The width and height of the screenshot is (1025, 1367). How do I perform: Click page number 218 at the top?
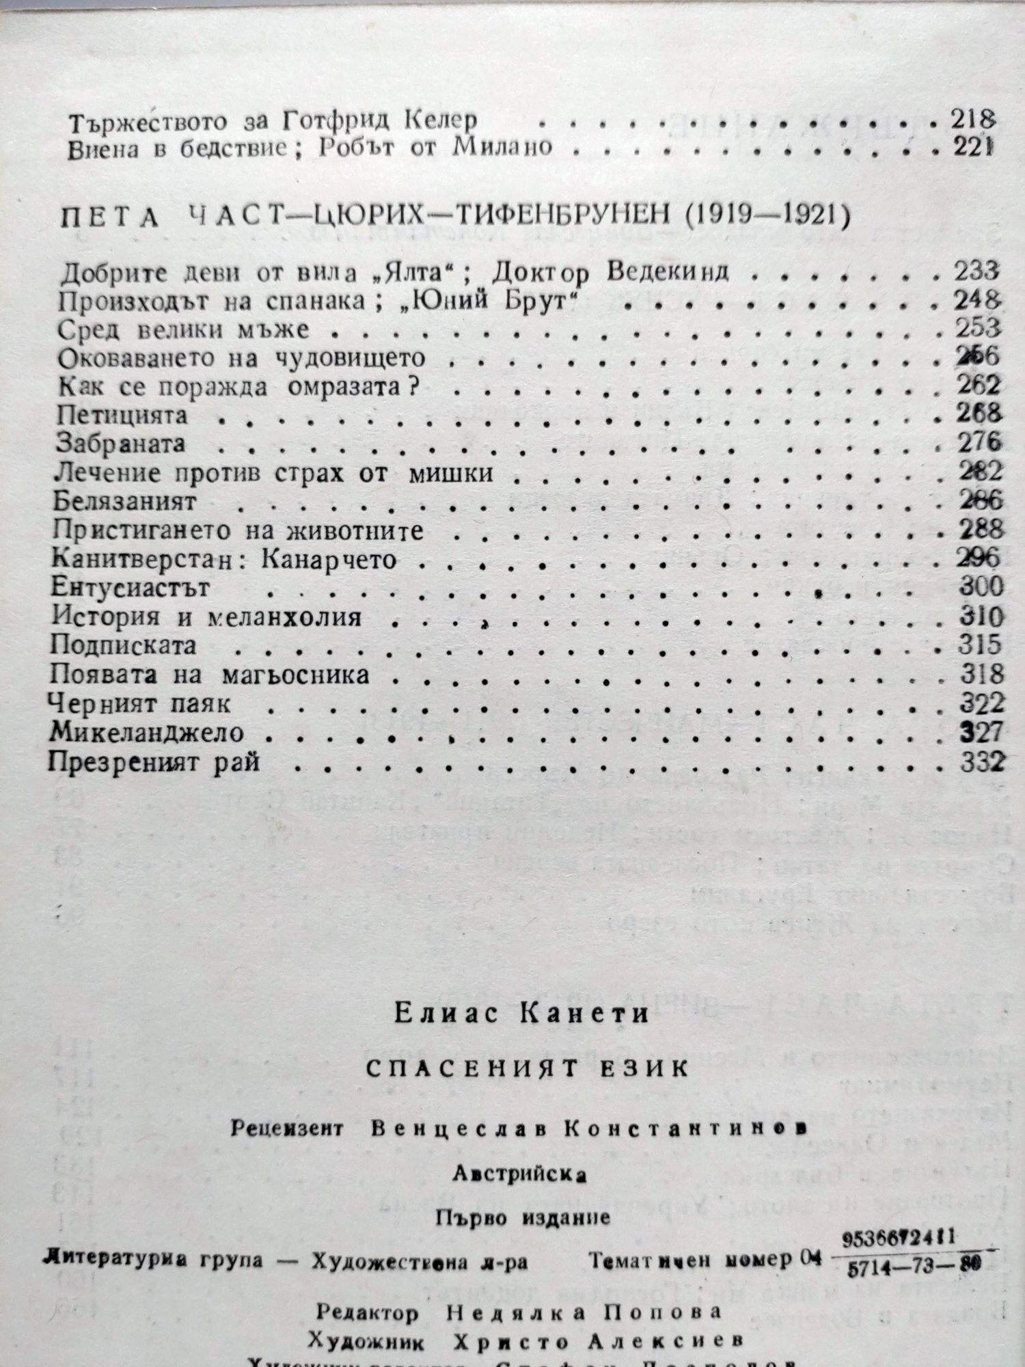[x=971, y=120]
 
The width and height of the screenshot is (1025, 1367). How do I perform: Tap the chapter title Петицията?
[x=122, y=416]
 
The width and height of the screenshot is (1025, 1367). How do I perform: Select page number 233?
[x=976, y=271]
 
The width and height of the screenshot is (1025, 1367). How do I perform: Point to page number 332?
[x=982, y=761]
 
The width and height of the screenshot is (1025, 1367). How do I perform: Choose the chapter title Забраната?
[x=120, y=444]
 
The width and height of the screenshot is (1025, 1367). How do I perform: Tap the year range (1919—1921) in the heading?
[x=767, y=216]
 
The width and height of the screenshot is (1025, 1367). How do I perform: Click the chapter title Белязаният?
[x=125, y=501]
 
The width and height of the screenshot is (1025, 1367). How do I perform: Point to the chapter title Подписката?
[x=123, y=645]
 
